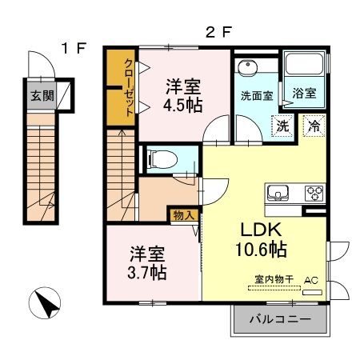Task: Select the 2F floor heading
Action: point(218,33)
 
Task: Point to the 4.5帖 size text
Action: point(184,104)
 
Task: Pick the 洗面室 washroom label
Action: point(255,94)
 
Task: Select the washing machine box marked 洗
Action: point(282,125)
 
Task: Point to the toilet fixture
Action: point(159,159)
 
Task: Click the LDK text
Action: point(258,228)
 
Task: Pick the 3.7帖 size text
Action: point(148,272)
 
